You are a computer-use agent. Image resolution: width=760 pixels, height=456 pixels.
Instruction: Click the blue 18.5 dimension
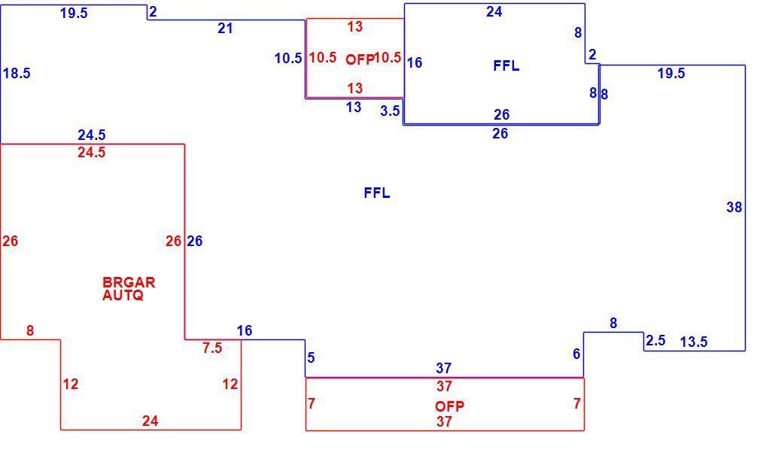coord(17,73)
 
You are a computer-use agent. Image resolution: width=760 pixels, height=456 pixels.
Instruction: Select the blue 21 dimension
coord(225,29)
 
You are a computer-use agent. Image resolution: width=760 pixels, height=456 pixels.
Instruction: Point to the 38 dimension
coord(734,208)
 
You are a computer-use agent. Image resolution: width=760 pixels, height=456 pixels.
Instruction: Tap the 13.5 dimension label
coord(694,342)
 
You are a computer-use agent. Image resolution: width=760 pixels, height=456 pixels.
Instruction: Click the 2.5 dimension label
coord(655,341)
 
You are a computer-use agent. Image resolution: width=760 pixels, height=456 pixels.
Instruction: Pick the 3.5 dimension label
coord(390,111)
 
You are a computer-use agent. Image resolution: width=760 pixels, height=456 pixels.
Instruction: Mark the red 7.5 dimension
coord(212,348)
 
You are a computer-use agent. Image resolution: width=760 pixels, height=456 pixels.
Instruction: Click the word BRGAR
coord(129,282)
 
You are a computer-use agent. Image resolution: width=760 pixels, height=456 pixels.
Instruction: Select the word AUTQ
coord(123,295)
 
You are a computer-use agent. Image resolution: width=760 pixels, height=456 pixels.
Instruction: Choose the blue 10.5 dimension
coord(288,59)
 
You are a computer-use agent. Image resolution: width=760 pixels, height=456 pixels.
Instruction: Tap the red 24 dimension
coord(150,421)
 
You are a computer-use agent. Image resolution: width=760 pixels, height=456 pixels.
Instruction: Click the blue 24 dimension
coord(494,12)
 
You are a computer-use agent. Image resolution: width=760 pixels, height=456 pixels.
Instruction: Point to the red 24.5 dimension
coord(92,153)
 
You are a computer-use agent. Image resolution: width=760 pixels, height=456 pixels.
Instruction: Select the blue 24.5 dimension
coord(92,135)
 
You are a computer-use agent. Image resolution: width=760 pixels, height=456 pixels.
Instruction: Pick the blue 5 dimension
coord(312,358)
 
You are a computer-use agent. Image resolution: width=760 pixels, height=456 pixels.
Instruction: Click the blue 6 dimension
coord(576,354)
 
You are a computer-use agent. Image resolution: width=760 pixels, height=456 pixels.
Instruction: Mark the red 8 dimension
coord(30,331)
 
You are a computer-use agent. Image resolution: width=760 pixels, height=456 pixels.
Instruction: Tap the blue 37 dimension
coord(443,369)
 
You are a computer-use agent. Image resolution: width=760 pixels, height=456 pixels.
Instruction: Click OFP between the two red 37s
coord(450,406)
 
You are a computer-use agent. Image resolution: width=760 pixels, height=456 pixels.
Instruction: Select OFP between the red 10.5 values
coord(360,59)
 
